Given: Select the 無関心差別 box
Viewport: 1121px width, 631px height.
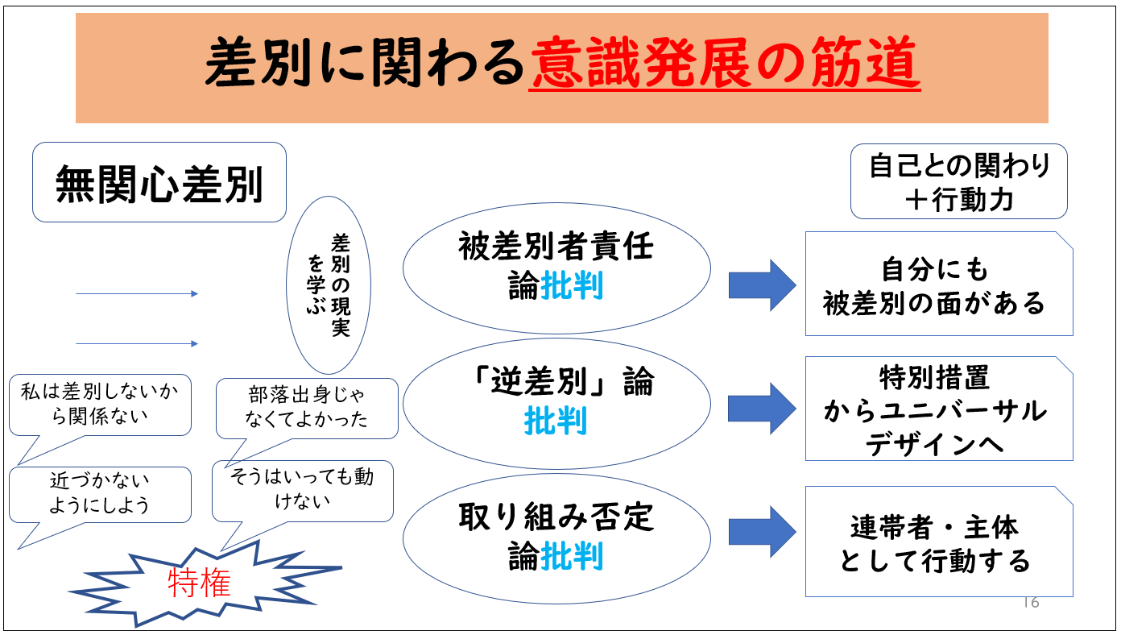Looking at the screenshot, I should click(x=159, y=182).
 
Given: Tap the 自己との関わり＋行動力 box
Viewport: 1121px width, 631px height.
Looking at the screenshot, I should click(x=958, y=181).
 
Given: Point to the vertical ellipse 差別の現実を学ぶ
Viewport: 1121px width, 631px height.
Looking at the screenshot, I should click(x=329, y=286).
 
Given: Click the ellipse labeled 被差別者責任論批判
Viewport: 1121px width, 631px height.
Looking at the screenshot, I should click(x=556, y=268).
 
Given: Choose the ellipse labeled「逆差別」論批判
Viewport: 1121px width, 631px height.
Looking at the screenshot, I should click(x=556, y=402).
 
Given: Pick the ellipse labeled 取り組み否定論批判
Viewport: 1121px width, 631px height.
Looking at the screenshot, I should click(x=556, y=537).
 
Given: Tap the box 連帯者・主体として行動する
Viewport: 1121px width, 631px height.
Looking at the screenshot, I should click(x=938, y=542).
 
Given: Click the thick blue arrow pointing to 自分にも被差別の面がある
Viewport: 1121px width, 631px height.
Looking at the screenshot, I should click(x=761, y=284).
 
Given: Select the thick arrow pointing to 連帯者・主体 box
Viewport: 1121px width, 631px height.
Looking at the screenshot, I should click(x=761, y=531).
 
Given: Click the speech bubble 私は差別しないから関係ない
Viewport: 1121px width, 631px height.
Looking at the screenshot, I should click(x=100, y=404).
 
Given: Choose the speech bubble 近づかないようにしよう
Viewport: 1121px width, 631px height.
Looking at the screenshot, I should click(x=100, y=493).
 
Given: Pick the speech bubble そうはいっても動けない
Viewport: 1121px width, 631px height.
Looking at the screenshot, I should click(x=302, y=489).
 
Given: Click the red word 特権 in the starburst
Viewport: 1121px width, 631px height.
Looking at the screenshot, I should click(x=199, y=583).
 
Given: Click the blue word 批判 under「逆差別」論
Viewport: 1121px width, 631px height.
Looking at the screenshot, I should click(x=556, y=421).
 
